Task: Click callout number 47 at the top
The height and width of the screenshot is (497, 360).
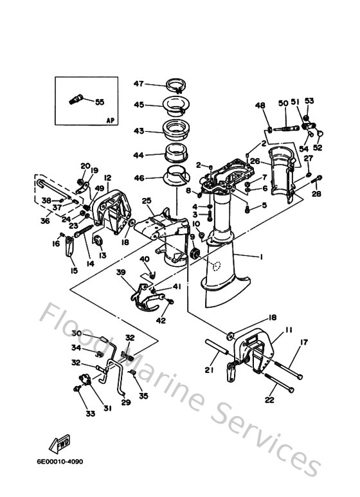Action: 139,83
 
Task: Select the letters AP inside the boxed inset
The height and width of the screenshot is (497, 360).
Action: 109,120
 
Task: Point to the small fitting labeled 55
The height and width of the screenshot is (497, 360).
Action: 76,100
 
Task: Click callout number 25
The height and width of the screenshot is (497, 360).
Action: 146,202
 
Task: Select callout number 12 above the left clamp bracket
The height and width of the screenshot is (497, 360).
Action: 107,177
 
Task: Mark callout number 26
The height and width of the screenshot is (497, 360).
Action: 255,161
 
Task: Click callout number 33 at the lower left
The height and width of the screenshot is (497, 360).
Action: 90,413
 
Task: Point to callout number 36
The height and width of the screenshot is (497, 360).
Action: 45,221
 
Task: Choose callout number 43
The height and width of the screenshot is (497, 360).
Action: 139,131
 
